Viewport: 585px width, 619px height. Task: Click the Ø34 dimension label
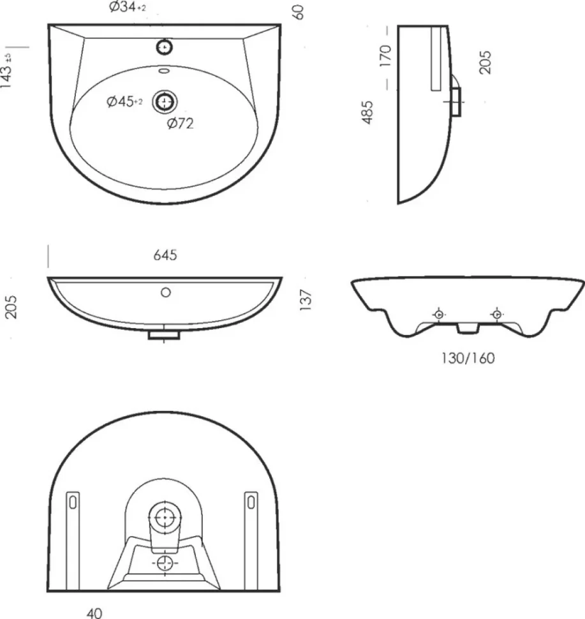point(128,7)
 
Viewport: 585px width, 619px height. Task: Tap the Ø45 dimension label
point(124,101)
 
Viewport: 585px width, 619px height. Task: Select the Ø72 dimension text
point(181,124)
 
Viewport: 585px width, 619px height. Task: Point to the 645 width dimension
point(165,255)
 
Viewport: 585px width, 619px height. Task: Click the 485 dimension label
point(367,112)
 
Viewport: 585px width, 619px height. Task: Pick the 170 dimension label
point(385,56)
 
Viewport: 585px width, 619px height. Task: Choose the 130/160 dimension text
point(468,358)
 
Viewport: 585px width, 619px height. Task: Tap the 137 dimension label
point(306,300)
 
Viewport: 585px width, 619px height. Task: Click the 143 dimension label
point(6,71)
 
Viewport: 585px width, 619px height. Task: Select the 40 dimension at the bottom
point(94,613)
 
